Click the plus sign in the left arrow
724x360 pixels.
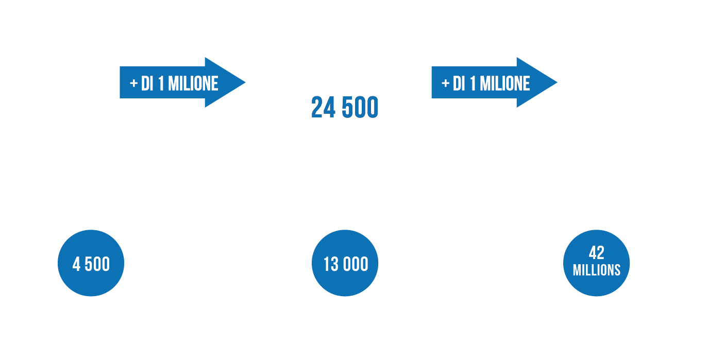tap(133, 83)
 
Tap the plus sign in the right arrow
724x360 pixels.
tap(445, 83)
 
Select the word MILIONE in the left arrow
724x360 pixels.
tap(193, 83)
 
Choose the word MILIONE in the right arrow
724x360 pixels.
tap(505, 83)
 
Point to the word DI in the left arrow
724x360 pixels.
tap(147, 83)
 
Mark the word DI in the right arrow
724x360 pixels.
tap(459, 83)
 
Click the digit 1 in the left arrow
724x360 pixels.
tap(161, 83)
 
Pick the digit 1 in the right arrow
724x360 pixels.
tap(473, 83)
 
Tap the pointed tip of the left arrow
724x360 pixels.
tap(245, 82)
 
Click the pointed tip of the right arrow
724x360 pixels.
tap(557, 82)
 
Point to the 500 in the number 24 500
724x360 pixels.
tap(360, 107)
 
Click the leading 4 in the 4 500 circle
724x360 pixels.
tap(76, 264)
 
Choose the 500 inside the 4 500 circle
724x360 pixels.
tap(97, 264)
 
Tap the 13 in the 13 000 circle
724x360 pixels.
tap(331, 264)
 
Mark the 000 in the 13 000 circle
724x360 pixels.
tap(356, 264)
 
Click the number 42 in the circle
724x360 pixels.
tap(596, 253)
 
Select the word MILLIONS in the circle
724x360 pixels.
tap(597, 270)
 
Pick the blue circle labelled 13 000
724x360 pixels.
tap(345, 263)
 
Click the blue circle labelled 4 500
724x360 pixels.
tap(91, 263)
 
